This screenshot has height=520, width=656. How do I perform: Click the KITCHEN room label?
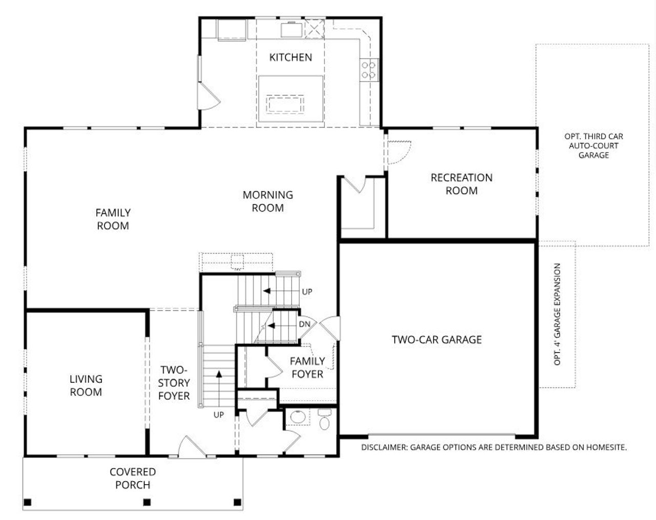pos(291,57)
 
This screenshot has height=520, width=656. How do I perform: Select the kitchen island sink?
pos(284,105)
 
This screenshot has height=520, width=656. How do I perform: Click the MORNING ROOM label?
pos(268,201)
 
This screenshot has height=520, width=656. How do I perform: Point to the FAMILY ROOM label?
pos(113,219)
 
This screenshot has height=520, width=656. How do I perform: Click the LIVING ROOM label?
pos(86,385)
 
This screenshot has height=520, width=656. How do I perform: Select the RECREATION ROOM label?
pos(461,184)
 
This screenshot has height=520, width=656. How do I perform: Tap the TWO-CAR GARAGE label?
pos(437,339)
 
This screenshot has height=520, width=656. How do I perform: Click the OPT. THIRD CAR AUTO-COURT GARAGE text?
pos(593,145)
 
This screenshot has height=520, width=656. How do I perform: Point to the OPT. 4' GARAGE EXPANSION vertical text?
pos(558,314)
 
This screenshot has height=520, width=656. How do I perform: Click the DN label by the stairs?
pos(304,324)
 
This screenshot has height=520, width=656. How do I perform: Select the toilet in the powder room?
pos(324,421)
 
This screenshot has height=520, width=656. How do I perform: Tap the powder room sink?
pos(297,417)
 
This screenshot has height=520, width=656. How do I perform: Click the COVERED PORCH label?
pos(133,478)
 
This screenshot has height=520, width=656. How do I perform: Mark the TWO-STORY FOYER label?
pos(174,383)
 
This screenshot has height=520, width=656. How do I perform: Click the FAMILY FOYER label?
pos(307,367)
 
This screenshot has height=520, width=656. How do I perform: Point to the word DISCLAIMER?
pos(383,447)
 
